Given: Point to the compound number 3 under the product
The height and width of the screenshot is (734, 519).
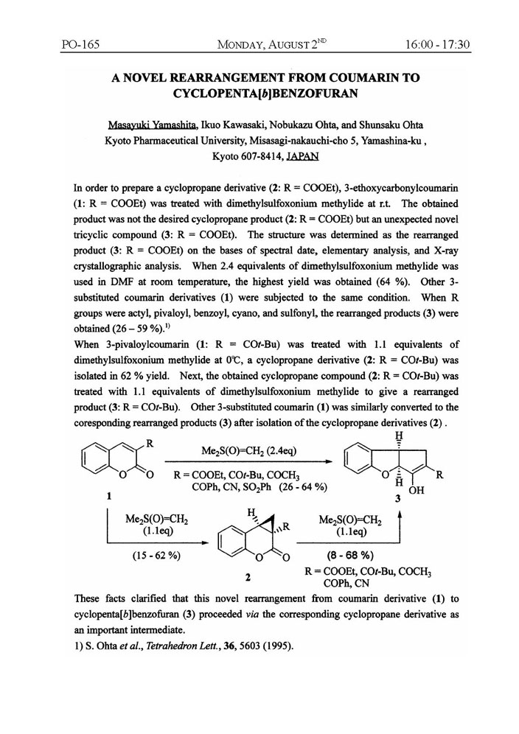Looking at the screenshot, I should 400,499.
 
